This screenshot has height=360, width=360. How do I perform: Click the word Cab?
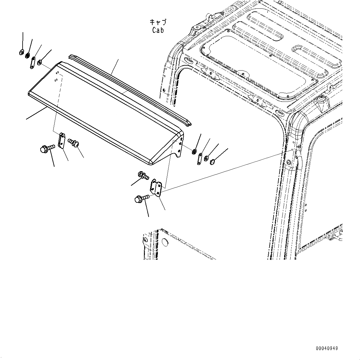click(x=158, y=30)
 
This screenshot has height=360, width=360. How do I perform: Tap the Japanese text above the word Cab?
click(x=158, y=22)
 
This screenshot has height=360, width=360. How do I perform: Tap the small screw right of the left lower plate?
click(x=74, y=142)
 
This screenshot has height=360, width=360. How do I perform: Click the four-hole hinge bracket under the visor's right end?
click(x=156, y=187)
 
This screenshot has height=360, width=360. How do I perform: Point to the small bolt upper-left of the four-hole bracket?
click(x=143, y=176)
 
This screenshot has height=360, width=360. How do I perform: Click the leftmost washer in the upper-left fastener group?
click(x=21, y=52)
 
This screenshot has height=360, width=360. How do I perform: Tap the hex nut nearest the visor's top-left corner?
click(x=40, y=63)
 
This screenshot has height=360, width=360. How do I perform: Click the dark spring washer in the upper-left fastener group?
click(x=27, y=56)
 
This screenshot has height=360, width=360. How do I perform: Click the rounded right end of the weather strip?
click(x=188, y=123)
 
